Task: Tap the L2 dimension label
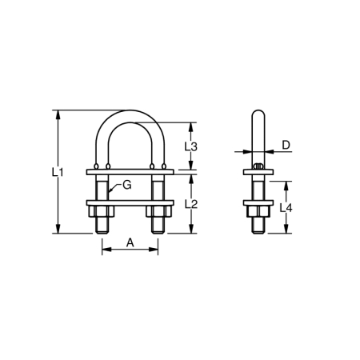click(191, 204)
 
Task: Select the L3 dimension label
click(191, 146)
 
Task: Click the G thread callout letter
click(126, 186)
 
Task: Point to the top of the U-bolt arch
click(129, 112)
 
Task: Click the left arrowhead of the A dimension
click(103, 250)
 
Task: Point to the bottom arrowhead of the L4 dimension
click(268, 231)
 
